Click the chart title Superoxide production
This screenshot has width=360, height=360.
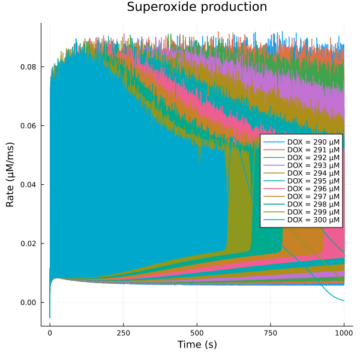[197, 8]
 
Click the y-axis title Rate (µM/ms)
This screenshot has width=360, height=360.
[10, 175]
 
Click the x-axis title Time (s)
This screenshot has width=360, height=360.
[197, 344]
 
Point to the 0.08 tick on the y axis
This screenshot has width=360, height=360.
[29, 67]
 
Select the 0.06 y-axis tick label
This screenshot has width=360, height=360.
[29, 125]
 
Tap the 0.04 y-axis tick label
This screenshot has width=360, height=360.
[29, 184]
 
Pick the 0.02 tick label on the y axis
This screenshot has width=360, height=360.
[29, 244]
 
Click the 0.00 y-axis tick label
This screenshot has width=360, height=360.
[29, 302]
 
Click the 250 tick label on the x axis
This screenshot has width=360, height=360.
[123, 332]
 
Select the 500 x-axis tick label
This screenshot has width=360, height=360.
[197, 332]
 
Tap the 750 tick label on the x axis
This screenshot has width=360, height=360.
[270, 332]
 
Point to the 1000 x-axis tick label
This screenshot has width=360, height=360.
[344, 332]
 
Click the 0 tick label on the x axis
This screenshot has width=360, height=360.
[50, 332]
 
